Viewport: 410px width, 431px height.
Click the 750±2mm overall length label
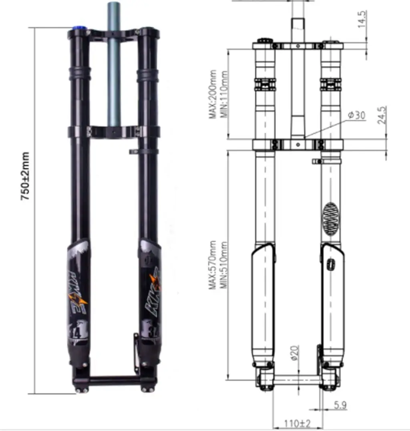click(25, 176)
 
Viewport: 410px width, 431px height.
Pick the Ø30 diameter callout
click(356, 115)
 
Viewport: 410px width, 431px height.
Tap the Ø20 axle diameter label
click(294, 353)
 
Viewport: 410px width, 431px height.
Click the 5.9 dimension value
click(340, 405)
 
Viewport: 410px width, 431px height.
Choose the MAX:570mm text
click(213, 265)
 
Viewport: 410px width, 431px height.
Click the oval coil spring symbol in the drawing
click(331, 219)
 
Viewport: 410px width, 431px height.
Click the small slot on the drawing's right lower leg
click(330, 265)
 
